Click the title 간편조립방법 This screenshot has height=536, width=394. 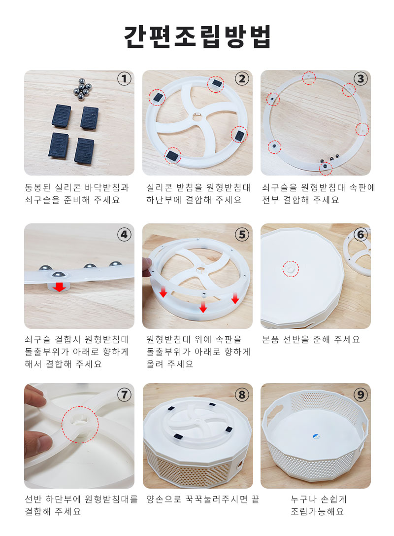pos(197,36)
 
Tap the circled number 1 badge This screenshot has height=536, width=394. pos(124,79)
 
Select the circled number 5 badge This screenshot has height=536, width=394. pos(242,235)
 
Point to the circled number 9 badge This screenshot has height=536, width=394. pos(361,395)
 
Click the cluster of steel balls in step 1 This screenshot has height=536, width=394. pos(82,89)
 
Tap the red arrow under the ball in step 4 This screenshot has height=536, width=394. pos(60,287)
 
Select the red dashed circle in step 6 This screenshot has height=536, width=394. pos(291,269)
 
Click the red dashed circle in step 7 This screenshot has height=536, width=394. pos(80,425)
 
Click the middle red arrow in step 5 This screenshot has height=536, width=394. pos(203,306)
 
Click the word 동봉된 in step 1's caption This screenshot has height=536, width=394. pos(37,188)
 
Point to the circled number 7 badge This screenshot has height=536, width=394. pos(124,395)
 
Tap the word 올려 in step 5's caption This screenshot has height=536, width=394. pos(155,364)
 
